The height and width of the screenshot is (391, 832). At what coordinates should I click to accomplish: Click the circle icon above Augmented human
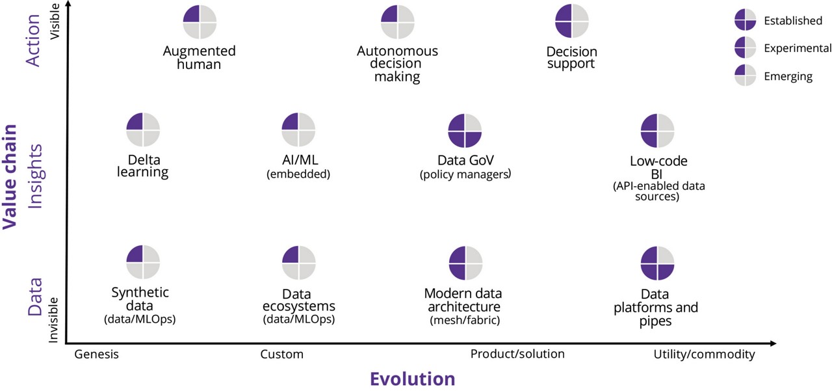tap(200, 21)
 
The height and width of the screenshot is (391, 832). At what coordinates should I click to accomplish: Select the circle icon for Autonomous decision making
tap(397, 21)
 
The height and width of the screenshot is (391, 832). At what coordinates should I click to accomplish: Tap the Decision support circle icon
tap(572, 21)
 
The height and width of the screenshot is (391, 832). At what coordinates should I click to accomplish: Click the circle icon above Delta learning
tap(143, 130)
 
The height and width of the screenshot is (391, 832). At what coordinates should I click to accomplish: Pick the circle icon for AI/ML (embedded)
tap(298, 130)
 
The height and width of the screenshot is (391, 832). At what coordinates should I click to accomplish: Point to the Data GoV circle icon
tap(465, 130)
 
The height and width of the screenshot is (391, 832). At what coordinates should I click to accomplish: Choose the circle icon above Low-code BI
tap(658, 130)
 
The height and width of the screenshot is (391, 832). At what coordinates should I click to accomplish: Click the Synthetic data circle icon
tap(143, 263)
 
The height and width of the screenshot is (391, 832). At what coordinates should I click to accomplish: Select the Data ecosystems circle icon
tap(298, 263)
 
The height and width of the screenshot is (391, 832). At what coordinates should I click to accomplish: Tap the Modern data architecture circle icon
tap(465, 263)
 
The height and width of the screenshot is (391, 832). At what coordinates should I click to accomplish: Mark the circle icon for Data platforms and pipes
tap(658, 263)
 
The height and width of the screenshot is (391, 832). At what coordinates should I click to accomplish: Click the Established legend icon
tap(745, 20)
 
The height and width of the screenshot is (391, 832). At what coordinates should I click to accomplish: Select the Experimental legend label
tap(797, 48)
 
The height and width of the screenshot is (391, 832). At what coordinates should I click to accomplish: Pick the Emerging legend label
tap(788, 76)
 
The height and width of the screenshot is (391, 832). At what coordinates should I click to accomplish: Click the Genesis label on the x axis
tap(97, 355)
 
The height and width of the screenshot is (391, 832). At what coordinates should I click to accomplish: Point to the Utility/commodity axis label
tap(704, 355)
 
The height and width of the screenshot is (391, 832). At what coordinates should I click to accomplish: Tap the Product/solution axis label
tap(517, 354)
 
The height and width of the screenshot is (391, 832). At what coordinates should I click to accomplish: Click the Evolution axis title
tap(412, 379)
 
